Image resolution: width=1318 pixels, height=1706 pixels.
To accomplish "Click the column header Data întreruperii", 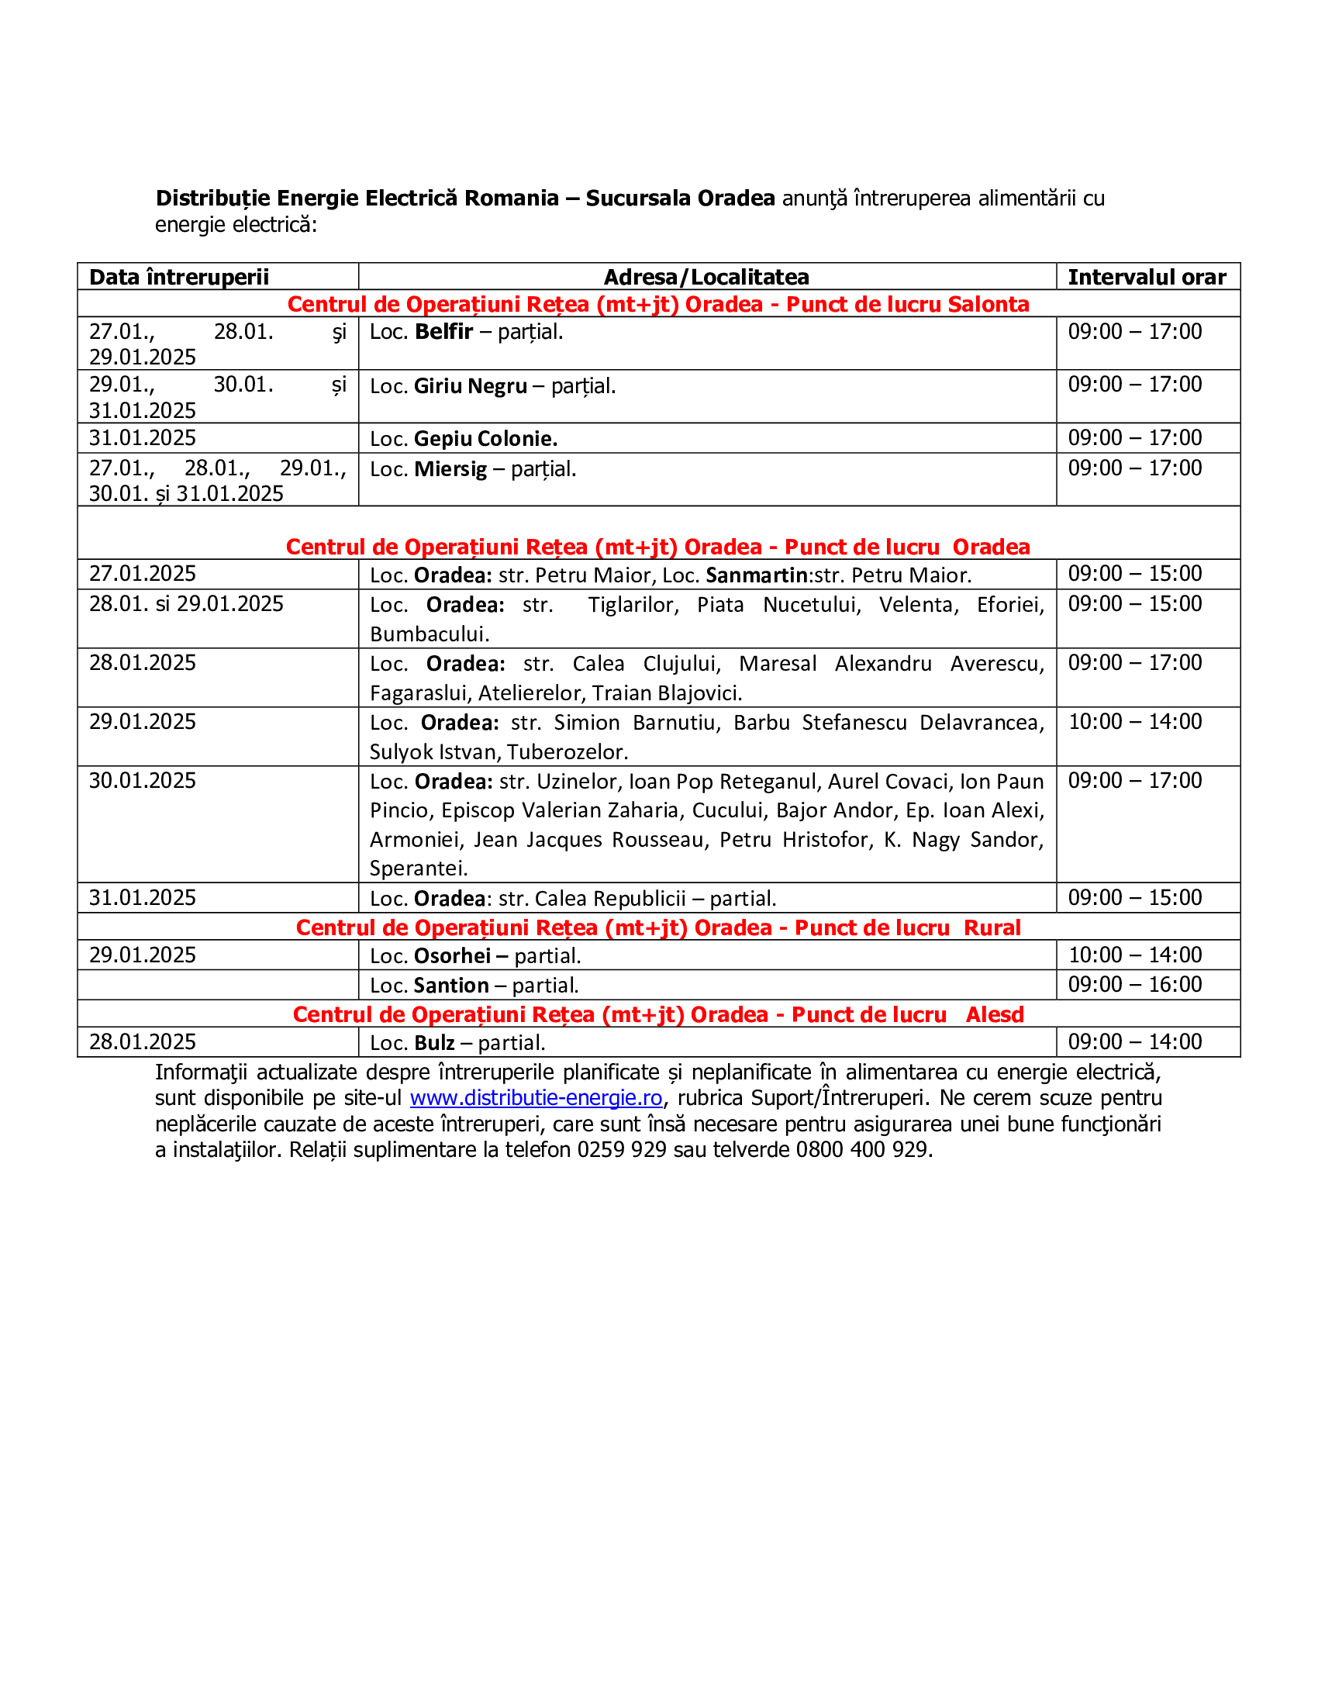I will (x=179, y=278).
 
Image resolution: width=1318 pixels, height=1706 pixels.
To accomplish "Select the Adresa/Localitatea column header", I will (x=706, y=278).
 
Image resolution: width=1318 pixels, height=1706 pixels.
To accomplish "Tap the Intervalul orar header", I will (x=1146, y=278).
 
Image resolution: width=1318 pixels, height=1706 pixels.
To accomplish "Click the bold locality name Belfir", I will (x=443, y=332).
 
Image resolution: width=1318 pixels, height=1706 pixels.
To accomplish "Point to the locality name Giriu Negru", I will (x=470, y=387).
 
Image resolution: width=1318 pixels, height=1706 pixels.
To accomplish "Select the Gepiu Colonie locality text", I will (x=485, y=439).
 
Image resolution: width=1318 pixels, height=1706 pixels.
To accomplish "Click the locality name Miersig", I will (x=450, y=469).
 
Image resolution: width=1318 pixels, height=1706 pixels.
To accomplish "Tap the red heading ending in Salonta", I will (x=658, y=305).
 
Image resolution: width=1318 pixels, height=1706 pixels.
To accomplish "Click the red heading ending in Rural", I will (x=658, y=928).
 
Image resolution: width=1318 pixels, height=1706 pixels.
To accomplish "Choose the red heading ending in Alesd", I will (x=658, y=1015).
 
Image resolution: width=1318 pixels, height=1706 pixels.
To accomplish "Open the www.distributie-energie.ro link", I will (x=536, y=1098).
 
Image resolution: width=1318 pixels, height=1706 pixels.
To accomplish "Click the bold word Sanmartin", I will (x=756, y=575).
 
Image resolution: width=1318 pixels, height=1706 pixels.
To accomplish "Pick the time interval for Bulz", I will (x=1134, y=1042).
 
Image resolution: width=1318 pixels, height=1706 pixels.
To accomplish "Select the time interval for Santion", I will (x=1134, y=985).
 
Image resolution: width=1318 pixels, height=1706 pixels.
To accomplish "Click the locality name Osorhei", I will (x=452, y=956).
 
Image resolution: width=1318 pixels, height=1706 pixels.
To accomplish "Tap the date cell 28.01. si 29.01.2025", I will (x=186, y=604).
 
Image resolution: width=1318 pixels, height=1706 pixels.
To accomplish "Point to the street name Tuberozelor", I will (x=568, y=752).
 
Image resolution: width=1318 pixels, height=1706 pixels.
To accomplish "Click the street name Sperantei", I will (x=419, y=869).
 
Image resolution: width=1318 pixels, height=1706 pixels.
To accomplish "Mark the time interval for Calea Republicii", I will (x=1134, y=897).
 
